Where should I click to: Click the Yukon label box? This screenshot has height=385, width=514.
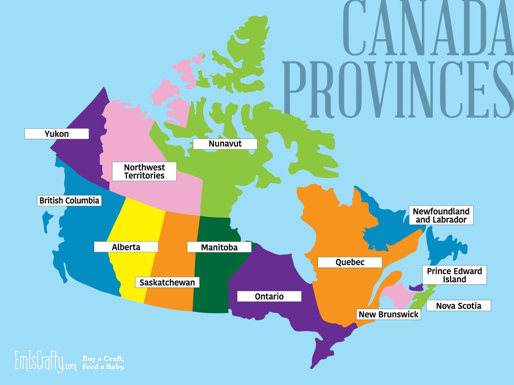pos(57,134)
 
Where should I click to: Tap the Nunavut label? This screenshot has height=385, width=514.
pos(225,144)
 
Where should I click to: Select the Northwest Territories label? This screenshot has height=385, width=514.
pos(144,172)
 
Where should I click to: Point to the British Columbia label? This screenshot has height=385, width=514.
pos(69,201)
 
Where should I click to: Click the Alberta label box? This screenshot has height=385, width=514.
pos(126,247)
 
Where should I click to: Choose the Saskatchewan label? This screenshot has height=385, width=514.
pos(167,282)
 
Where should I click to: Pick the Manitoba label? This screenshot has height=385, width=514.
pos(219,247)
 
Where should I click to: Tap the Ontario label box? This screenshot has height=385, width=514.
pos(269,297)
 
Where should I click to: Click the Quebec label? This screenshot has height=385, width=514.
pos(350,262)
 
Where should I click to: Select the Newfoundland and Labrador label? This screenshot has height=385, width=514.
pos(441,215)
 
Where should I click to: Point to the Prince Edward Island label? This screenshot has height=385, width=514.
pos(454,275)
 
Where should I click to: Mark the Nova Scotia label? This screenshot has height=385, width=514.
pos(458,306)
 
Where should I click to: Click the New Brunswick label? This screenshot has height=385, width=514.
pos(388,314)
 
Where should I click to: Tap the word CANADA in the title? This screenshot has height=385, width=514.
pos(424,29)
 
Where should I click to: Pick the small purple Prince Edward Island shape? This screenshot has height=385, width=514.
pos(416,288)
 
